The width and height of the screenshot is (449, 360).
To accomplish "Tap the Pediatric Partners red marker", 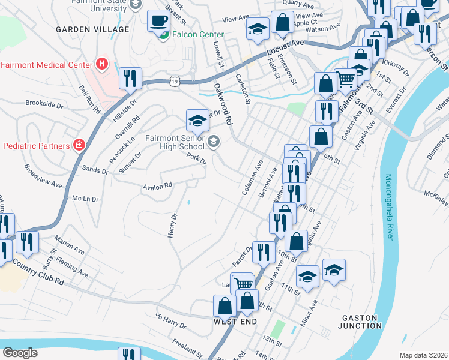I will [x=78, y=145].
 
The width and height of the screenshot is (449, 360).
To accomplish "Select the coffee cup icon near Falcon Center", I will [x=159, y=20].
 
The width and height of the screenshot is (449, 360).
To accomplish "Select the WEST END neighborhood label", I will [x=235, y=322].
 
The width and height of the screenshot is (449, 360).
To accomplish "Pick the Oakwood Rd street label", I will [x=223, y=103].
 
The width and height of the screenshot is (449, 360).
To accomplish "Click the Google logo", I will [x=20, y=352].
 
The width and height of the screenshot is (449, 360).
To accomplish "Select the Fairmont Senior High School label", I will [x=175, y=142].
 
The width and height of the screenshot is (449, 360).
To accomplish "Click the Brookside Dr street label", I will [x=44, y=104].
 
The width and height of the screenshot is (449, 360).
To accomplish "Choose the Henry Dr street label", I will [x=172, y=225].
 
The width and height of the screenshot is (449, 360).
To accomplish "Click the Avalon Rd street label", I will [x=157, y=187].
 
